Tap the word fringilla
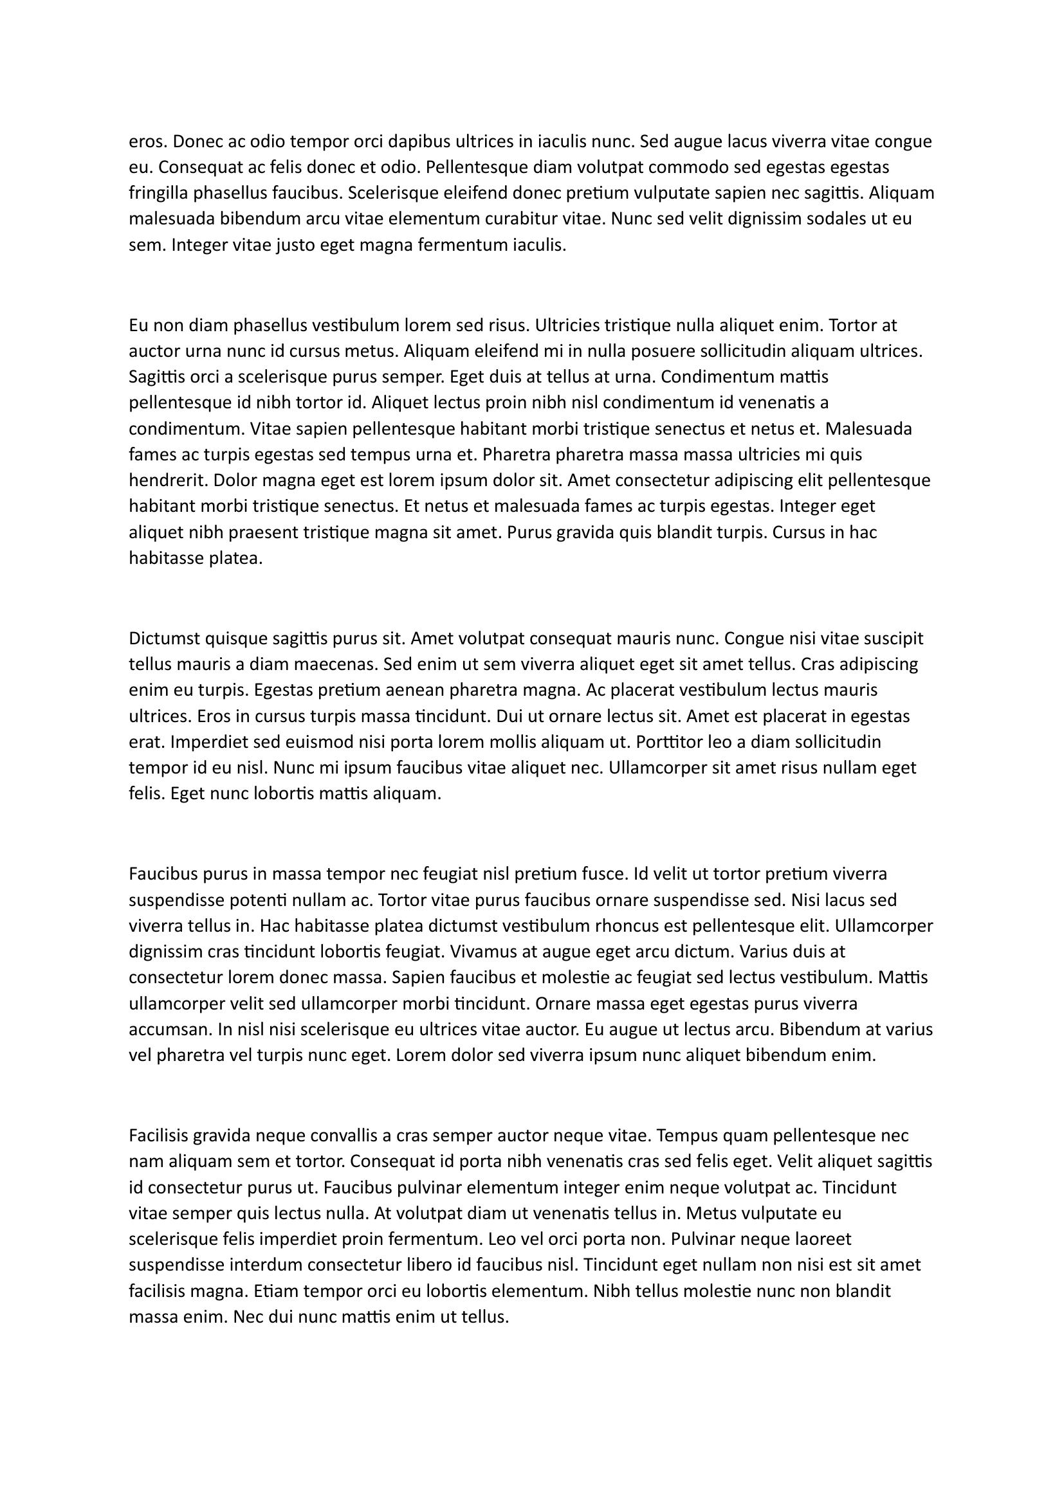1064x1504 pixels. point(158,194)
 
